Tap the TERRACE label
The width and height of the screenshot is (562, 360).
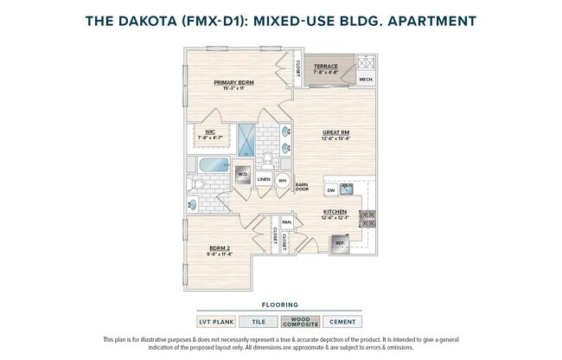coord(325,66)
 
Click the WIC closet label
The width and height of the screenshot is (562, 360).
coord(210,133)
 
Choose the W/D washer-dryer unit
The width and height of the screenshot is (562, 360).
coord(242,173)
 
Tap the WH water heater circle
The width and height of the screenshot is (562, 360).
coord(282,180)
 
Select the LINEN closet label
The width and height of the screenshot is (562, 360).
coord(264,180)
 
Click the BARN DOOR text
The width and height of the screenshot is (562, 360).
coord(302,187)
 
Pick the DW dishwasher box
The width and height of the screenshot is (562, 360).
coord(330,190)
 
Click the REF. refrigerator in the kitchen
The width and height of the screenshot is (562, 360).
coord(341,243)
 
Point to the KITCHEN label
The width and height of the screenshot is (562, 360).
coord(335,211)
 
